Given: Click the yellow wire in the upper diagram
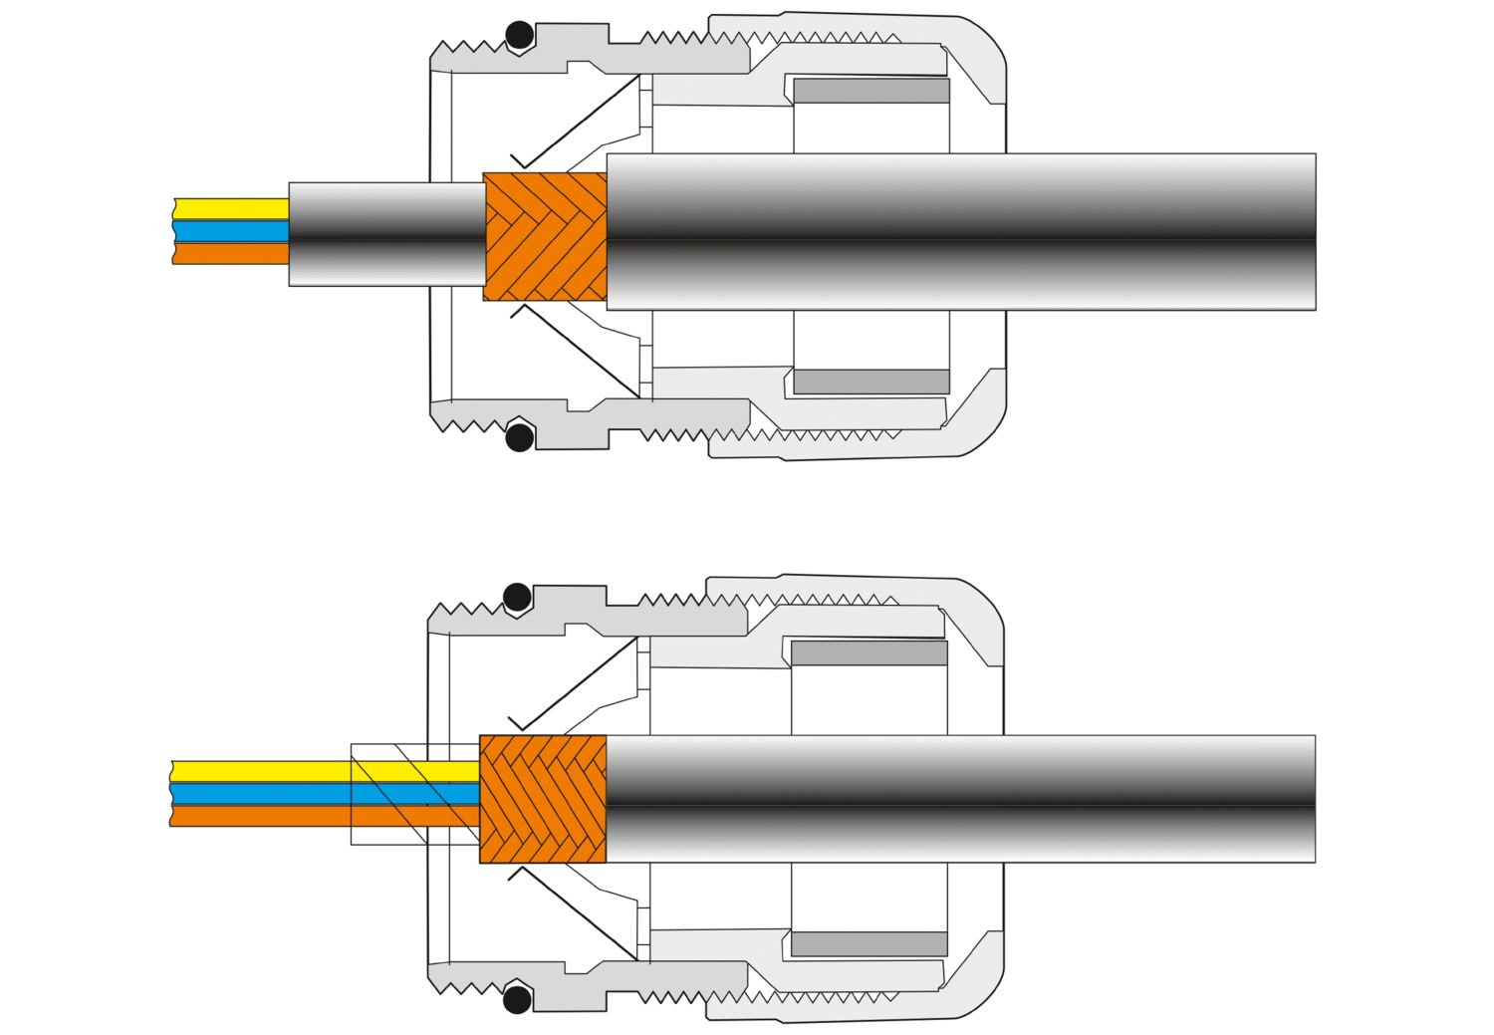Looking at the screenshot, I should (x=230, y=209).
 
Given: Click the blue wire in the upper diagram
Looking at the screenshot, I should (x=230, y=231).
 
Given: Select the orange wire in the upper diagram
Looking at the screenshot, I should (x=230, y=253).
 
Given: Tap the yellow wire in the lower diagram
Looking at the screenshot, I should (x=259, y=771).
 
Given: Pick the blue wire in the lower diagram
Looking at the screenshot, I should (x=259, y=794).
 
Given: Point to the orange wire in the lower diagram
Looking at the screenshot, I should (x=259, y=816).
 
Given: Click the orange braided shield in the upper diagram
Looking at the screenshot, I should (x=545, y=236).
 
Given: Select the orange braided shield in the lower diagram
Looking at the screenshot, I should (x=543, y=799).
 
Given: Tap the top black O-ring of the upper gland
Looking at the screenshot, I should (x=519, y=36).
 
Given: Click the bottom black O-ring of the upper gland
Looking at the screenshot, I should (x=519, y=436).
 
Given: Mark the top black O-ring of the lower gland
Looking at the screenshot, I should (x=517, y=598).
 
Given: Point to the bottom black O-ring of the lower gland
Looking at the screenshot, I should (x=517, y=999).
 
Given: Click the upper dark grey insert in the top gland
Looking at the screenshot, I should (x=871, y=91).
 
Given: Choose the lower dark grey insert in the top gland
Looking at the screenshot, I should (x=871, y=382).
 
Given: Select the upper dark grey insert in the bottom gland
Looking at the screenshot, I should (x=870, y=653).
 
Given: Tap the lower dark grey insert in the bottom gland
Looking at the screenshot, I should (x=870, y=944).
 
